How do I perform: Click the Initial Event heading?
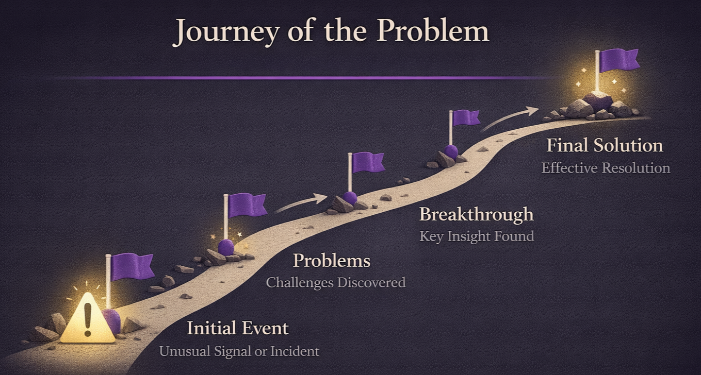coord(238,328)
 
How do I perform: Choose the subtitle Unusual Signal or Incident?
coord(239,352)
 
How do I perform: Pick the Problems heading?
coord(332,261)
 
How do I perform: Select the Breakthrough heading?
coord(476,214)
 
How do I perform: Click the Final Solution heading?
coord(605,145)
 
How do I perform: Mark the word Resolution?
coord(640,168)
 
